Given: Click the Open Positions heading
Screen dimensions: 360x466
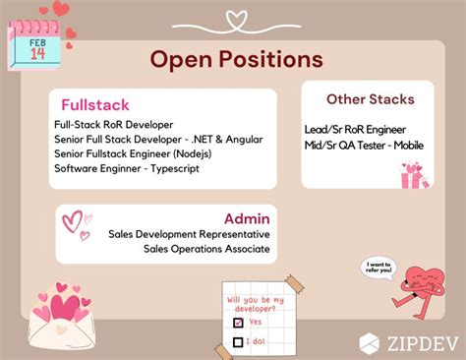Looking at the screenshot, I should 236,59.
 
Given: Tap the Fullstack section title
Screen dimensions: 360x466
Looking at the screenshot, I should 95,105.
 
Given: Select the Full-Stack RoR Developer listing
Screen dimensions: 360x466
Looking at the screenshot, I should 114,124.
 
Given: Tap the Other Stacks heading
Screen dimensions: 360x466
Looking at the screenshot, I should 371,99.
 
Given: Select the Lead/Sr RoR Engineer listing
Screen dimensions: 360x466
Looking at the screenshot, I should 355,130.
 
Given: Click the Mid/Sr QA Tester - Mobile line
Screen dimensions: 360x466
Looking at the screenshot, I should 365,146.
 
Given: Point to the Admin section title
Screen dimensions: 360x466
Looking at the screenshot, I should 247,217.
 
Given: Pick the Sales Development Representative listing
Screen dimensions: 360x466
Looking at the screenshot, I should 190,235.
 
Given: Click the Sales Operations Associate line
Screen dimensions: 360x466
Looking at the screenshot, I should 206,250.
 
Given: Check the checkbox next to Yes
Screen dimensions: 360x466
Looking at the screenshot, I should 237,321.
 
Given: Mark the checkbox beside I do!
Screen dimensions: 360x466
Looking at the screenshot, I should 237,341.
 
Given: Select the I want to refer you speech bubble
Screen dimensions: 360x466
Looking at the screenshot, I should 379,267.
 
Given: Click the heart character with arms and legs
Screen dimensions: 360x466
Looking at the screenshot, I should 427,281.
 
